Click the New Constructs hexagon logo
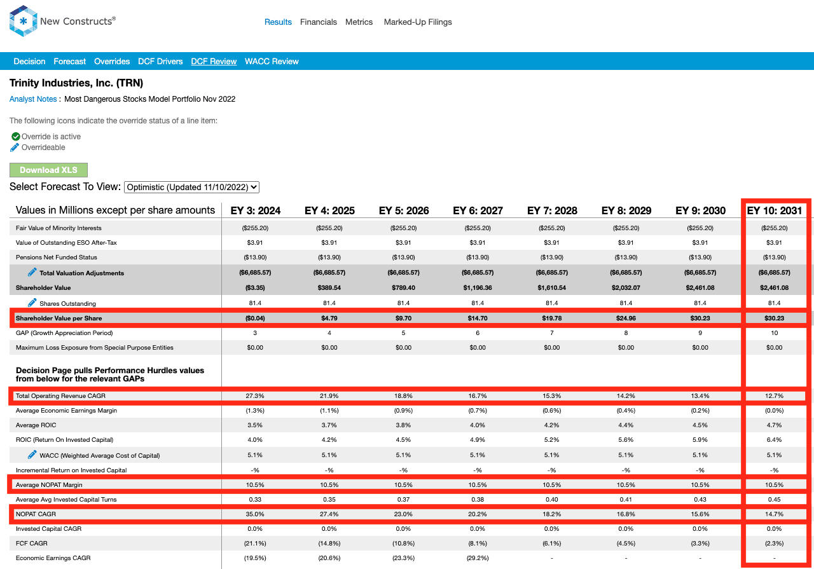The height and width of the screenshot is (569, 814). (24, 21)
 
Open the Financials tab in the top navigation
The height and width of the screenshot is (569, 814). (319, 22)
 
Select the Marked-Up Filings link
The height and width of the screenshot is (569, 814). (418, 22)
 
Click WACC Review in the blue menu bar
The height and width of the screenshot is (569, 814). (272, 62)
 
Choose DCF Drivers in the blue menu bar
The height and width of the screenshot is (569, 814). (160, 62)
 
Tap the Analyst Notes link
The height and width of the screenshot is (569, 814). (33, 99)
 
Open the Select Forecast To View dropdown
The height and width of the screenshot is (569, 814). (191, 187)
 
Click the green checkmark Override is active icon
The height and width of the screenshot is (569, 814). (16, 137)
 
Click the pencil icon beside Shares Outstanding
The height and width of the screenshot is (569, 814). (32, 303)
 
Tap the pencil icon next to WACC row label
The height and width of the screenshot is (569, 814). (32, 455)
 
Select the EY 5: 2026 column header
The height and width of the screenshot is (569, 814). (404, 210)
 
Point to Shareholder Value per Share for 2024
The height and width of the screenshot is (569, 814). (255, 319)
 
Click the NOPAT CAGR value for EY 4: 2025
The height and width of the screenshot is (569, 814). (329, 514)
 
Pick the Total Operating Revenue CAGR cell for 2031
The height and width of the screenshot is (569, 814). (774, 395)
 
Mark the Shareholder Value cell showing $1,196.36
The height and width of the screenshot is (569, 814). (478, 288)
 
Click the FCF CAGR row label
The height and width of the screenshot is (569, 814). (32, 543)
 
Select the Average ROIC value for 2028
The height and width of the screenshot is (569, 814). (551, 425)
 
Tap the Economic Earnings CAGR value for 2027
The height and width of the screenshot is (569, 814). (478, 558)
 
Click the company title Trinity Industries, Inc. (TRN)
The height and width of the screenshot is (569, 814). (76, 83)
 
